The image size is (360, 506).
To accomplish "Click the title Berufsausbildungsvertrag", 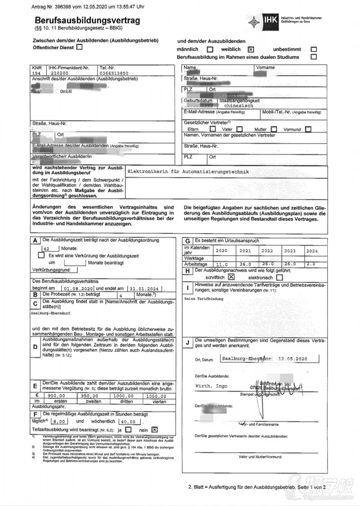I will (87, 21).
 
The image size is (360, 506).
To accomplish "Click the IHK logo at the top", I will (271, 20).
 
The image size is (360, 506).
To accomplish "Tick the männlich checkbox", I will (210, 50).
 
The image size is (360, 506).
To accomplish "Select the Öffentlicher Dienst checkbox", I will (80, 46).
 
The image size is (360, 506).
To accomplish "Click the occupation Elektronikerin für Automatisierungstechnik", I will (188, 172).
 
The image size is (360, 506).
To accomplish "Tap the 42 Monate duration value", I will (46, 248).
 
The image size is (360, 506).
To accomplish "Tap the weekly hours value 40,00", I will (128, 421).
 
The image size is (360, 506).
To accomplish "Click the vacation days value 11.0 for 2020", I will (223, 264).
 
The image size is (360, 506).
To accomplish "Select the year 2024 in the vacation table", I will (312, 250).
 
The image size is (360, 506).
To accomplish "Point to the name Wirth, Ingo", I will (211, 386).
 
